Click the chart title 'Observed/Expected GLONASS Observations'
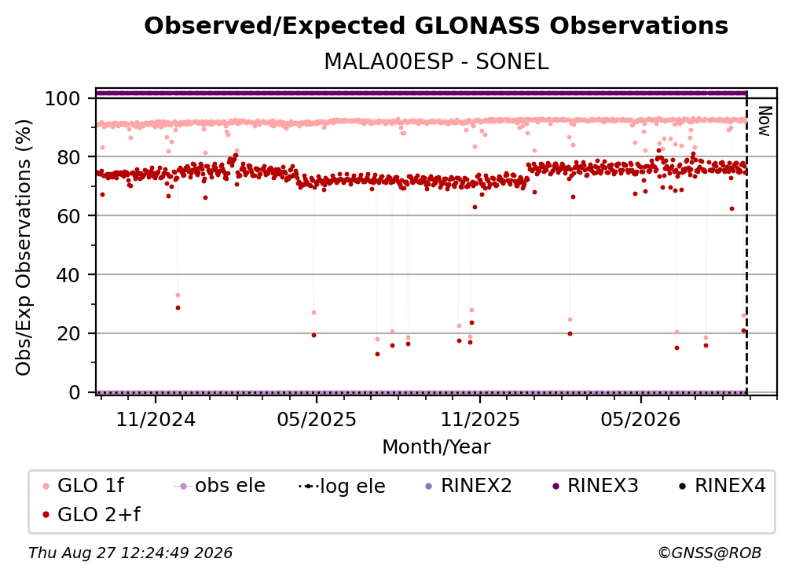[x=436, y=26]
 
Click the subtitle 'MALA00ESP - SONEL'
[x=436, y=62]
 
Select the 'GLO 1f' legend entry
[x=83, y=486]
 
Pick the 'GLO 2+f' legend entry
[x=91, y=515]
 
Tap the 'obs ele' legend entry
[x=219, y=486]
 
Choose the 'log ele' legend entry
[x=342, y=486]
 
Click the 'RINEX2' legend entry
[x=468, y=486]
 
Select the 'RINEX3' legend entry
[x=595, y=486]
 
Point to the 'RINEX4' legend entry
[x=722, y=486]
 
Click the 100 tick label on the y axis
[x=63, y=98]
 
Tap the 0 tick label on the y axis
[x=75, y=392]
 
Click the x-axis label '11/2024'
[x=156, y=420]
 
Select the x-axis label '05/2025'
[x=317, y=420]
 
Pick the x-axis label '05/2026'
[x=641, y=420]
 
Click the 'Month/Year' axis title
[x=436, y=447]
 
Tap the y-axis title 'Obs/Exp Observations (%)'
[x=24, y=248]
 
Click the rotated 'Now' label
[x=764, y=121]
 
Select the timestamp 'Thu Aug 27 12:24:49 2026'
[x=130, y=553]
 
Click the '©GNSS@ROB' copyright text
[x=709, y=553]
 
